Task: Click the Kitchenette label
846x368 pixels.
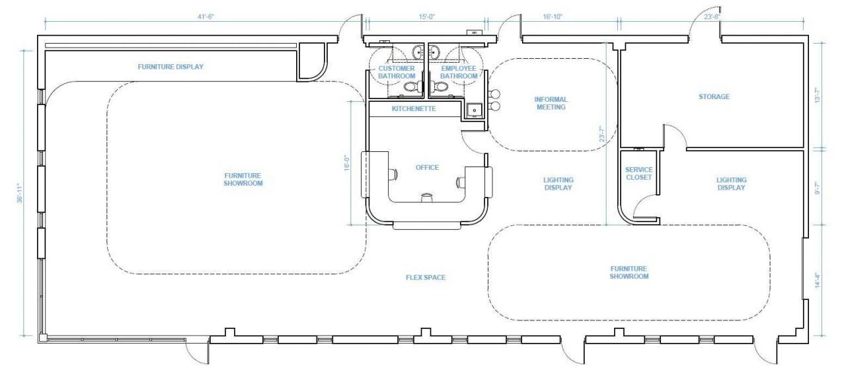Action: point(414,109)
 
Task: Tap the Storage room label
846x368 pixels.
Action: point(714,96)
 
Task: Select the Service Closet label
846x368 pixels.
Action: point(638,173)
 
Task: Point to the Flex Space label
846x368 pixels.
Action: point(426,277)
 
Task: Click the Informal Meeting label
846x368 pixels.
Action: point(551,103)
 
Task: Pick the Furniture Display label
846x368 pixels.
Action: point(171,67)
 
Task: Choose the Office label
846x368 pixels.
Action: point(427,167)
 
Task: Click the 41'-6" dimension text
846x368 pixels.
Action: point(206,17)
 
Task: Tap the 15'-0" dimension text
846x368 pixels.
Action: point(427,17)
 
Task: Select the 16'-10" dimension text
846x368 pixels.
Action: point(553,17)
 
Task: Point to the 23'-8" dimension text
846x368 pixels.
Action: point(712,17)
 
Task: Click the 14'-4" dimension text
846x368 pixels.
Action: point(818,280)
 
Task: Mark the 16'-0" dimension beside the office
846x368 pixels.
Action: point(347,163)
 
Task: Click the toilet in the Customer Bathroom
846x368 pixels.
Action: point(410,87)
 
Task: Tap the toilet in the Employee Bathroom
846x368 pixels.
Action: point(440,87)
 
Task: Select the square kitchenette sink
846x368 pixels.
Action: point(475,110)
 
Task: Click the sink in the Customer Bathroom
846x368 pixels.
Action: point(418,52)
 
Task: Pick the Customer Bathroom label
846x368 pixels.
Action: point(397,72)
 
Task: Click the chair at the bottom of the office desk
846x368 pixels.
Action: point(426,197)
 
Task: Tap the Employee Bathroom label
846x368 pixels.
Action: point(459,72)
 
